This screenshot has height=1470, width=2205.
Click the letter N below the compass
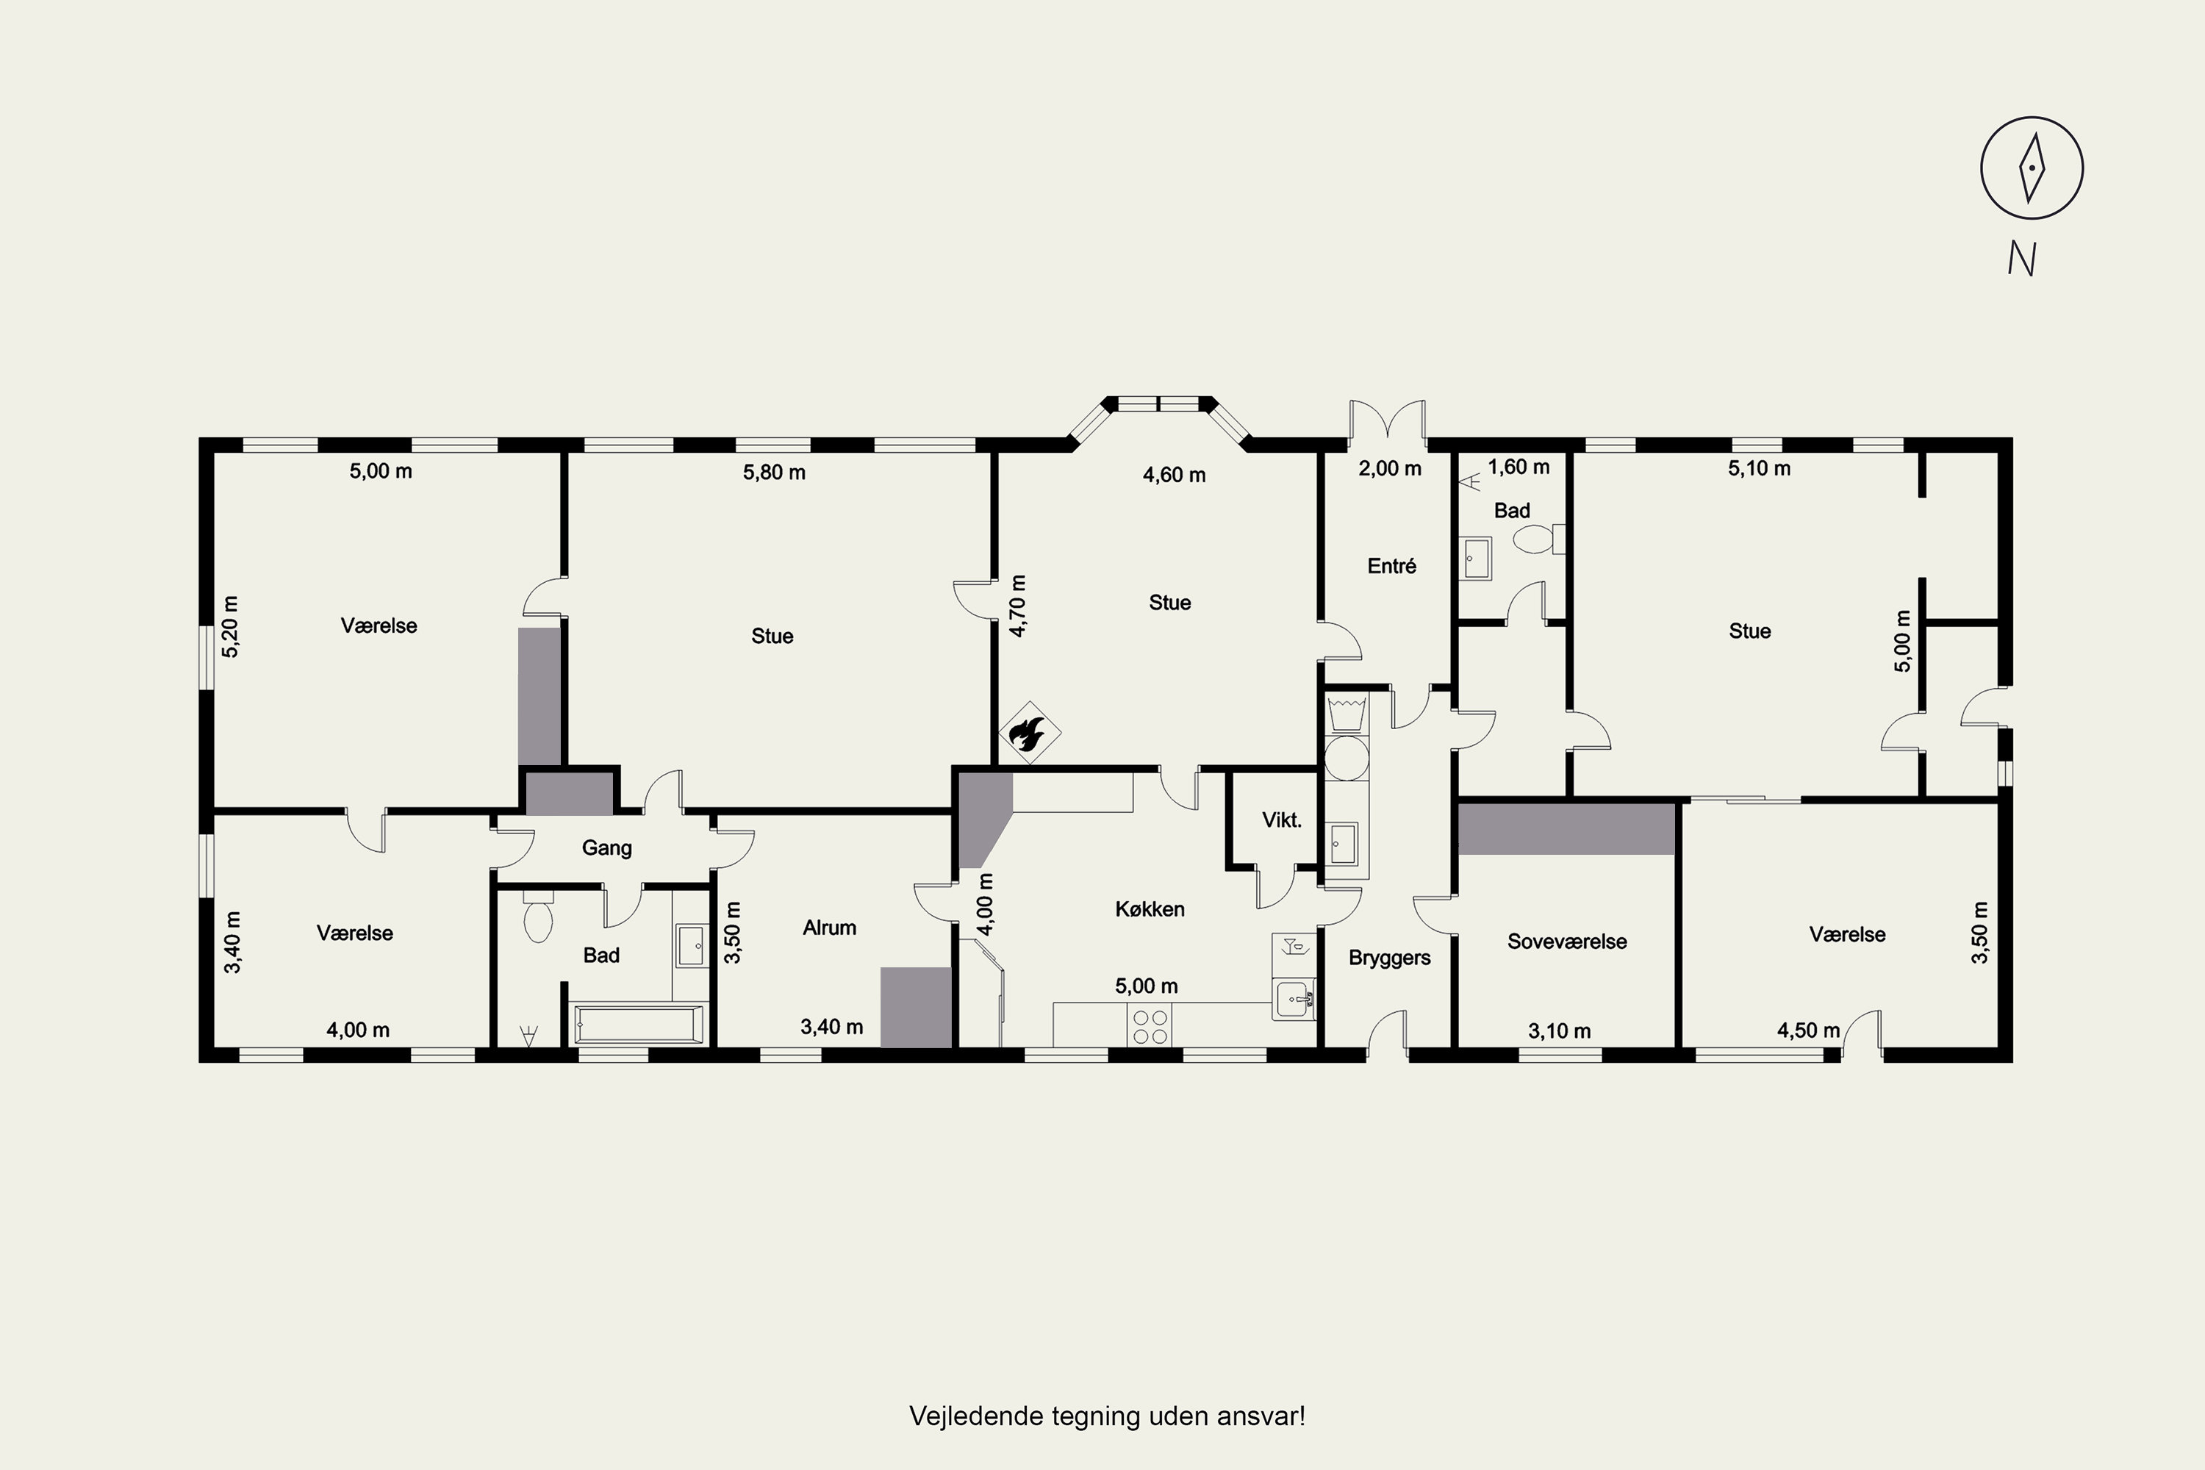point(2022,258)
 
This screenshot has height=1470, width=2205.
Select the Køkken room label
point(1150,908)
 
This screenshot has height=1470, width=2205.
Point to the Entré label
point(1391,565)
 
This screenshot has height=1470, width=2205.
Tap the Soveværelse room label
point(1566,942)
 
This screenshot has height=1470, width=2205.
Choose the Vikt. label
point(1282,820)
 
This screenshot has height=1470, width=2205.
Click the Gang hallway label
point(606,847)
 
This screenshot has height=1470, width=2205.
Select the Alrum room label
point(830,927)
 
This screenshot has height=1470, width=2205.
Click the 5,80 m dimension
point(775,472)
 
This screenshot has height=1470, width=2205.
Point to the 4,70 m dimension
point(1018,606)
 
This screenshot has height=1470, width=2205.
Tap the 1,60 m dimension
point(1519,466)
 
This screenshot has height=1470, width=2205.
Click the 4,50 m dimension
point(1808,1030)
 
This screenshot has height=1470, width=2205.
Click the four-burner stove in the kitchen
point(1150,1025)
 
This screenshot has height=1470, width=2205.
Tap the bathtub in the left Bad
point(637,1025)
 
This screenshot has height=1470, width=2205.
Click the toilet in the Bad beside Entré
point(1538,539)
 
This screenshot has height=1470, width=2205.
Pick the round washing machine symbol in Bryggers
point(1347,758)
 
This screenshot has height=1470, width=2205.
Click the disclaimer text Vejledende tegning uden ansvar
point(1107,1416)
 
